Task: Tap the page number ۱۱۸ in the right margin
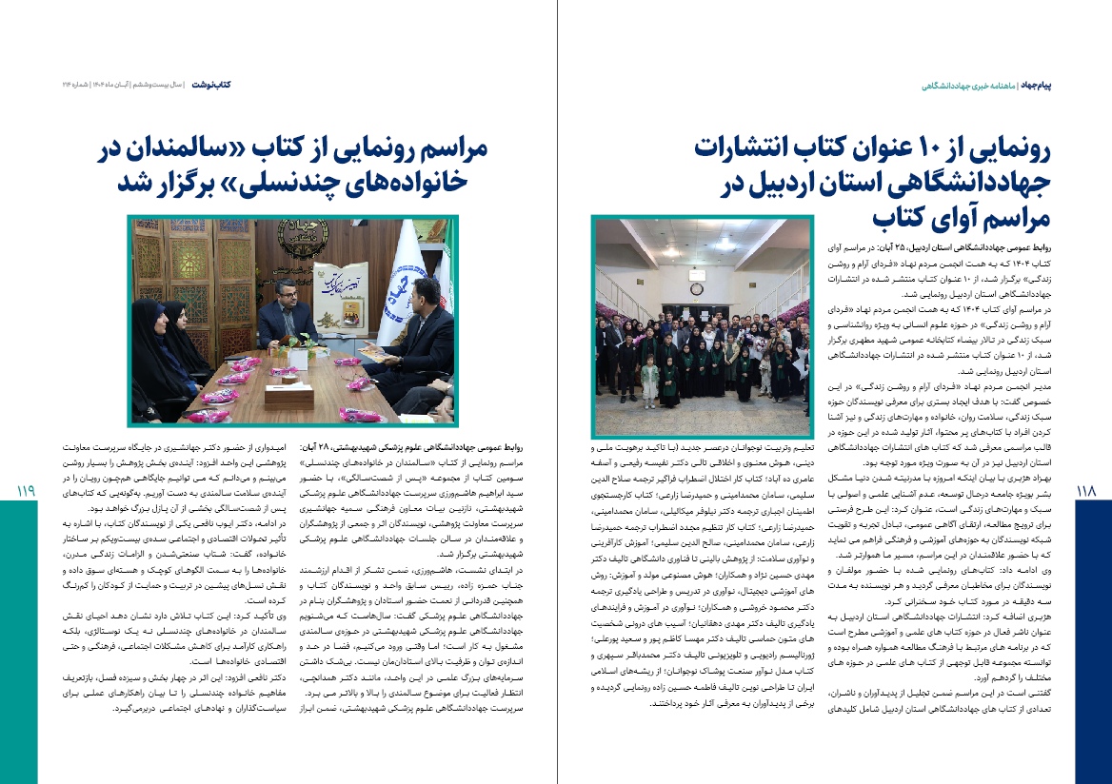pyautogui.click(x=1087, y=491)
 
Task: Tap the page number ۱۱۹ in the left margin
pyautogui.click(x=26, y=491)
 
